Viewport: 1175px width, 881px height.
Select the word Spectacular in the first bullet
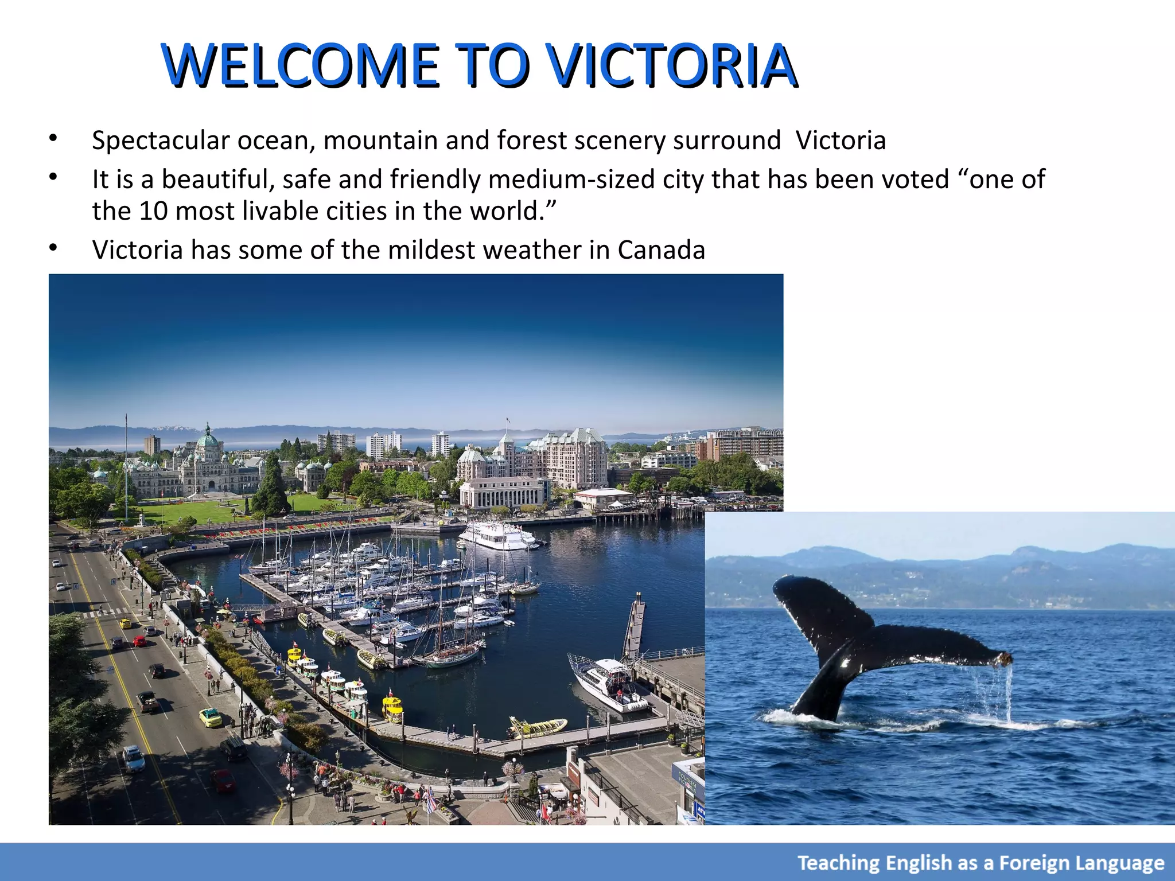160,141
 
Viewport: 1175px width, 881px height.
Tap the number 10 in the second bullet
153,211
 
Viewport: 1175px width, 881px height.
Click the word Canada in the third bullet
661,250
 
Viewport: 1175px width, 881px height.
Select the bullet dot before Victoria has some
53,248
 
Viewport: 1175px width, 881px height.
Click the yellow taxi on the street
210,717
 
